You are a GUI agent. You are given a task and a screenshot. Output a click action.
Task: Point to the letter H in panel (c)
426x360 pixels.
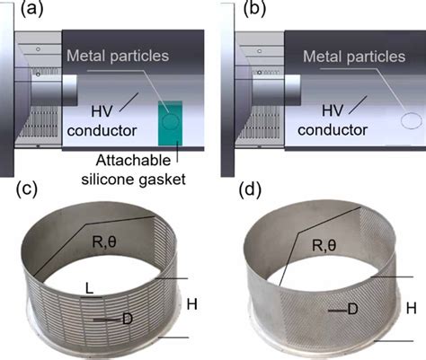pyautogui.click(x=192, y=305)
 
